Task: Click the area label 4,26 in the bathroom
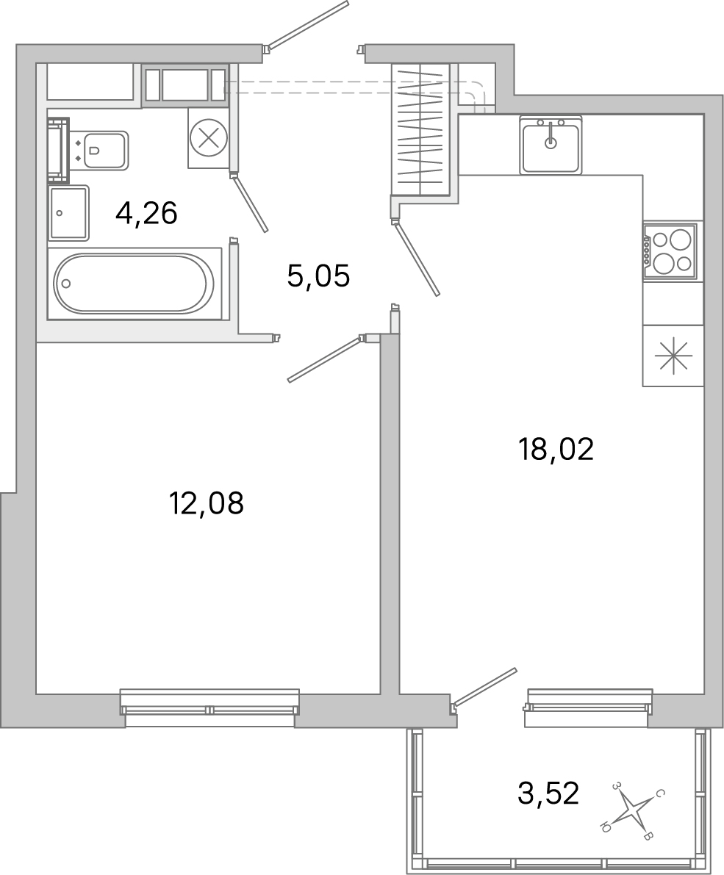pos(147,214)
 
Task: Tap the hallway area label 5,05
pos(318,276)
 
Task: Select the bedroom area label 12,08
pos(206,504)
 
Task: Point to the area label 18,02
pos(556,449)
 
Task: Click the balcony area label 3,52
pos(548,793)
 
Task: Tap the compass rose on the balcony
pos(633,811)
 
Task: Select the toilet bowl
pos(103,151)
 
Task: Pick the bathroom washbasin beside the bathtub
pos(68,213)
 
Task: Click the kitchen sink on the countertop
pos(551,145)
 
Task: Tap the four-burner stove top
pos(670,251)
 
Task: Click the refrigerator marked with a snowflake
pos(673,356)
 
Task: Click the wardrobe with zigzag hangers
pos(421,129)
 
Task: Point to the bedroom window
pos(209,707)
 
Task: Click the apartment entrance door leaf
pos(308,24)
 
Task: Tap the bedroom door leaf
pos(323,359)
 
